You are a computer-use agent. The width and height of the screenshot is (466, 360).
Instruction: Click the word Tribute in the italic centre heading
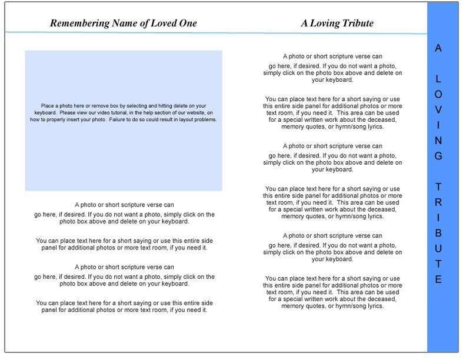pos(357,24)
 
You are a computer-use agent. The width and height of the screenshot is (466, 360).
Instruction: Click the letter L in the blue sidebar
pos(438,79)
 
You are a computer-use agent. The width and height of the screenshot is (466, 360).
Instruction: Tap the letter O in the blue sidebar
pos(438,94)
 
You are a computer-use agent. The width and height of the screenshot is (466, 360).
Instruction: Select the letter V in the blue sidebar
pos(438,110)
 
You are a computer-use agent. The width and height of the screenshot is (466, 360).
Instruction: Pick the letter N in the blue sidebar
pos(438,141)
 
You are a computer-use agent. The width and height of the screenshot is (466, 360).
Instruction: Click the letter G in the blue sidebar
pos(438,156)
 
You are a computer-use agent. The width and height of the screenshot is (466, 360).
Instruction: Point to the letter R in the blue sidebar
pos(438,202)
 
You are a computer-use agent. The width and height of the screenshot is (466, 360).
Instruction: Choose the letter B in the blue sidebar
pos(438,233)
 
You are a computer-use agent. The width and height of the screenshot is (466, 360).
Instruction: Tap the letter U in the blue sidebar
pos(438,248)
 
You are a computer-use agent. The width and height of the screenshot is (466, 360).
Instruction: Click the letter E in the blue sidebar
pos(438,279)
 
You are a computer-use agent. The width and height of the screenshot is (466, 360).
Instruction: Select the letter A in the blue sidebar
pos(438,48)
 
